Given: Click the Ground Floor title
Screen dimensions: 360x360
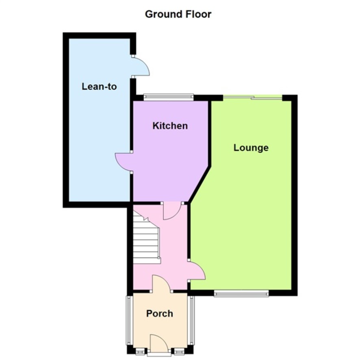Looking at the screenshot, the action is click(178, 14).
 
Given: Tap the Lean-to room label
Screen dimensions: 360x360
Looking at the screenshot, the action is click(99, 87).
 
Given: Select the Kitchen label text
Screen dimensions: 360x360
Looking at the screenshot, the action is click(170, 126).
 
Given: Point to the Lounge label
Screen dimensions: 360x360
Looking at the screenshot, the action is click(251, 147).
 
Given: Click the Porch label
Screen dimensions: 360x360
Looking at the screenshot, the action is click(160, 314).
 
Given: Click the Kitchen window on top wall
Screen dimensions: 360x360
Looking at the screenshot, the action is click(169, 97).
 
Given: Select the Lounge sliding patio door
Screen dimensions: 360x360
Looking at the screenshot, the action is click(253, 98).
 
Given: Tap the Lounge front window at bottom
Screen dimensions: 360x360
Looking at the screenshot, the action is click(241, 293).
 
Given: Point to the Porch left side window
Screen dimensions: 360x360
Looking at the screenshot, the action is click(130, 320).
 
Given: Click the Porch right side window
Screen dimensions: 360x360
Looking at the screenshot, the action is click(191, 320).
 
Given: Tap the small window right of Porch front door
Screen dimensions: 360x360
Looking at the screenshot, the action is click(179, 351).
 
